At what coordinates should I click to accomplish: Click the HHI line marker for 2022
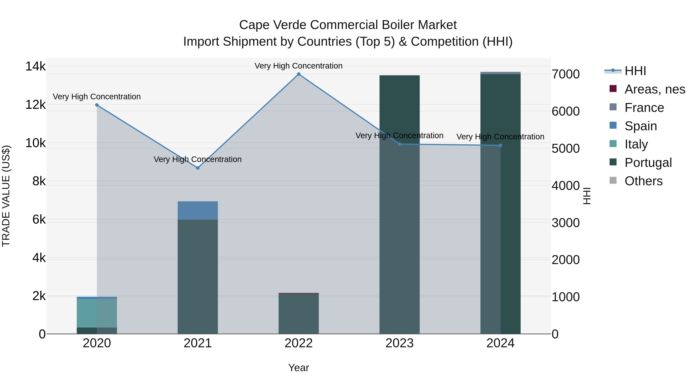pos(299,74)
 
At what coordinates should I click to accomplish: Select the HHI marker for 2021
pos(198,168)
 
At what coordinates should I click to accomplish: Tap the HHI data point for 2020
pos(97,105)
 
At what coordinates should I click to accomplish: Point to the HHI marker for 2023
pos(400,144)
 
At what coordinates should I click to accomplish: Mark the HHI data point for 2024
pos(500,146)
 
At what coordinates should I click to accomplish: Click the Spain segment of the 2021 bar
pos(198,210)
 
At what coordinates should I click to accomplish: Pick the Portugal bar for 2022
pos(299,314)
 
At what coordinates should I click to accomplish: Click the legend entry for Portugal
pos(648,163)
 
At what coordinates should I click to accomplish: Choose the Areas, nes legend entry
pos(654,89)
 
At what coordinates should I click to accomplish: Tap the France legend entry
pos(644,108)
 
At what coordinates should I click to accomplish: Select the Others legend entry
pos(643,181)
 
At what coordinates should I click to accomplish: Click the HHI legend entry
pos(635,71)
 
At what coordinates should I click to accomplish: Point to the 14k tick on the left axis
pos(35,66)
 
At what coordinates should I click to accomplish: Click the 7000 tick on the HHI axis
pos(565,74)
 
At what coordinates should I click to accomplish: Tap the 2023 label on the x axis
pos(400,343)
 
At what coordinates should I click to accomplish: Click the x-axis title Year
pos(299,368)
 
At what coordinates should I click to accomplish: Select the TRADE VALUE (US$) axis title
pos(6,196)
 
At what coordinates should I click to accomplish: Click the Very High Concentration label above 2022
pos(299,66)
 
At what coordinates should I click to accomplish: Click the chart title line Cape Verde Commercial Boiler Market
pos(348,25)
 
